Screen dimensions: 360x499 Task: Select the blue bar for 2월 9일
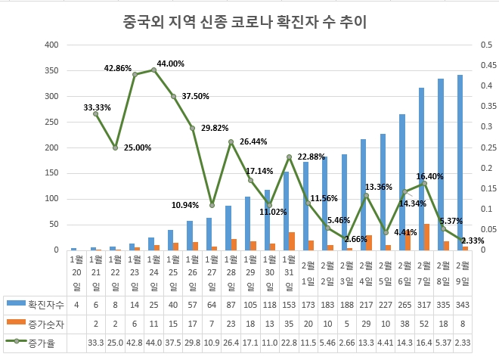(460, 162)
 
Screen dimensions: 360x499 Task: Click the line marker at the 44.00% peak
(154, 70)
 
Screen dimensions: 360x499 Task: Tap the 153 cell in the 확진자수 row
(287, 304)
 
